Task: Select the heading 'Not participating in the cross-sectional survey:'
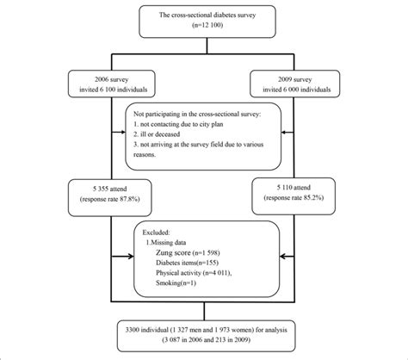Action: [x=202, y=114]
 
